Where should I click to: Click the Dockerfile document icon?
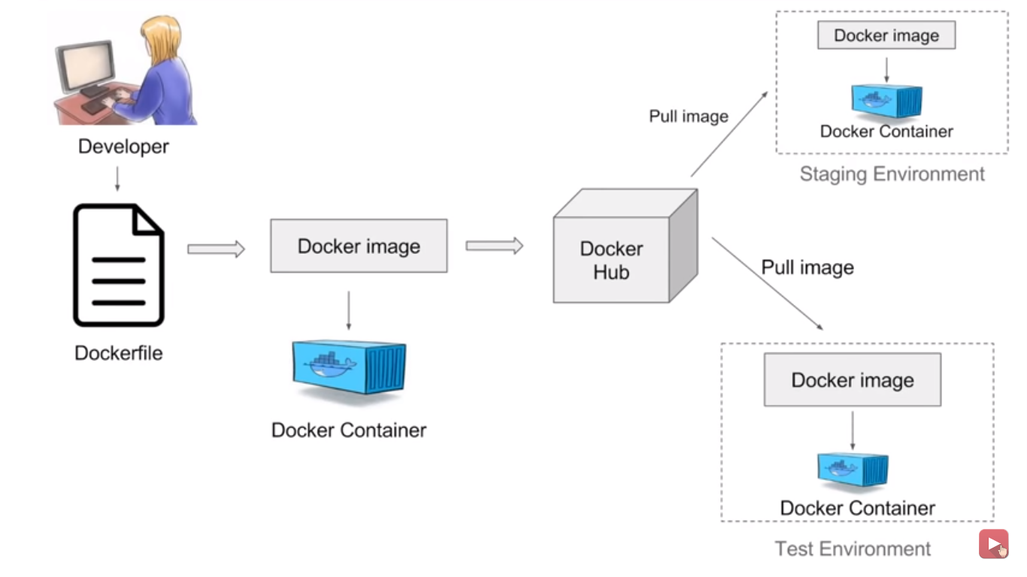pyautogui.click(x=118, y=265)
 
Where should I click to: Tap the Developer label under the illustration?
pyautogui.click(x=123, y=147)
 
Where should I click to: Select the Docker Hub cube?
pyautogui.click(x=626, y=246)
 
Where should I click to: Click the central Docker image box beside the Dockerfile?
pyautogui.click(x=359, y=246)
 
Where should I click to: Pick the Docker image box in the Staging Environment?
pyautogui.click(x=886, y=35)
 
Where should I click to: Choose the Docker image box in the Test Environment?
pyautogui.click(x=853, y=380)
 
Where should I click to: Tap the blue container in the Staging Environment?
pyautogui.click(x=886, y=101)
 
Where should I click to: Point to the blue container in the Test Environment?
pyautogui.click(x=853, y=470)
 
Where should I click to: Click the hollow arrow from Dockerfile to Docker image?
pyautogui.click(x=216, y=249)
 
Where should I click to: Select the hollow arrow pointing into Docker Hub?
pyautogui.click(x=494, y=246)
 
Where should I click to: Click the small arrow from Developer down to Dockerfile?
pyautogui.click(x=117, y=179)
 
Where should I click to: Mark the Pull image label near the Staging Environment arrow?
pyautogui.click(x=689, y=116)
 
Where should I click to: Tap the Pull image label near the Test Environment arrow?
pyautogui.click(x=807, y=267)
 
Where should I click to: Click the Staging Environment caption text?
pyautogui.click(x=892, y=174)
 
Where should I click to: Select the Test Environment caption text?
pyautogui.click(x=853, y=548)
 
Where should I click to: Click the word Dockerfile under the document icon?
pyautogui.click(x=118, y=353)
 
